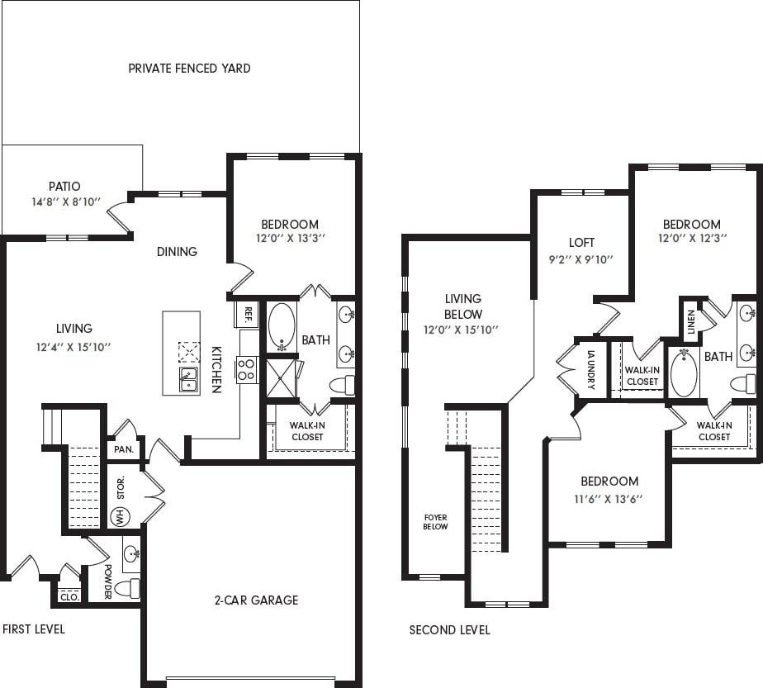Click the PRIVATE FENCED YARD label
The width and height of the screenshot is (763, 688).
click(x=189, y=69)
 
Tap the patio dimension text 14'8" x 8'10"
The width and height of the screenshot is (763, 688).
click(x=64, y=201)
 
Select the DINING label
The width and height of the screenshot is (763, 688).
click(x=177, y=251)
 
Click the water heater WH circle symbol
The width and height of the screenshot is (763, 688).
click(x=119, y=516)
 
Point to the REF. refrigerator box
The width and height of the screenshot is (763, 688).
click(x=246, y=314)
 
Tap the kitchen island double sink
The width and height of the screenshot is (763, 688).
click(x=189, y=379)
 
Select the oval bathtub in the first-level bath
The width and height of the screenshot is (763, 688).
click(x=282, y=326)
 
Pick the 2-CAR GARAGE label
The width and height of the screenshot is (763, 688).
click(x=256, y=600)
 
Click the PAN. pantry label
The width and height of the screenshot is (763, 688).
click(x=124, y=450)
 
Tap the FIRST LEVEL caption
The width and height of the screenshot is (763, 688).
click(x=34, y=629)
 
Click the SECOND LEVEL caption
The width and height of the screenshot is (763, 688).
click(x=449, y=630)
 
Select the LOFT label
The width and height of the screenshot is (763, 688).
click(x=581, y=243)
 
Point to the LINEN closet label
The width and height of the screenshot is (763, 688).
click(x=690, y=318)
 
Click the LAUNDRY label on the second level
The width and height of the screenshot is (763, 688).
click(x=591, y=369)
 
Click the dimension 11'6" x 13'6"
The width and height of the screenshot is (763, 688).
click(x=609, y=498)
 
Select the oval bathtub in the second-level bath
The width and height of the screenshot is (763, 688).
click(x=684, y=374)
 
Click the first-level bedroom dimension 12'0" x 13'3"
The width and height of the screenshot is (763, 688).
click(x=289, y=239)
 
